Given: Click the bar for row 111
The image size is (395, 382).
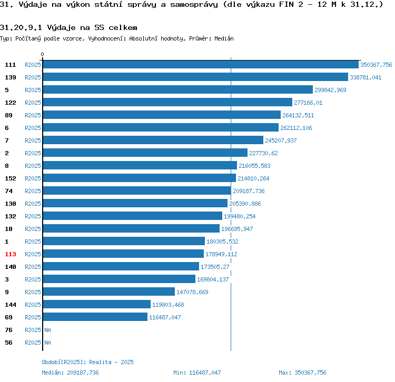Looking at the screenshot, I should pyautogui.click(x=201, y=65).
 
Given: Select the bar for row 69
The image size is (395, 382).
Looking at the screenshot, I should pyautogui.click(x=95, y=317).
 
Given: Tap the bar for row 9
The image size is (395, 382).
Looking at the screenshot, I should pyautogui.click(x=109, y=292).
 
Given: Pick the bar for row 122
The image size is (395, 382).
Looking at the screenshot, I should pyautogui.click(x=167, y=103).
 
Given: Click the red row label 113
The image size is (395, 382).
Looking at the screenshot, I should pyautogui.click(x=11, y=254).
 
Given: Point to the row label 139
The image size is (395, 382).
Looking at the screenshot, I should pyautogui.click(x=11, y=77).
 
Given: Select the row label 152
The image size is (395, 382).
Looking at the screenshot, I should pyautogui.click(x=11, y=178).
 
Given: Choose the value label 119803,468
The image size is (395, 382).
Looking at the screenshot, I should pyautogui.click(x=168, y=305).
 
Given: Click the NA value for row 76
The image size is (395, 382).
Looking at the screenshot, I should pyautogui.click(x=47, y=330).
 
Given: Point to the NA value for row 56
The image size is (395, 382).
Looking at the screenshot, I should pyautogui.click(x=47, y=343).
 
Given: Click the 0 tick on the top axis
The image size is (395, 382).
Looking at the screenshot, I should pyautogui.click(x=43, y=54).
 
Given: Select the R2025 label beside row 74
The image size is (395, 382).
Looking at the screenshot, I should pyautogui.click(x=33, y=191).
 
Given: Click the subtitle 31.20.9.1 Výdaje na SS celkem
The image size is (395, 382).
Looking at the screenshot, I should pyautogui.click(x=69, y=27).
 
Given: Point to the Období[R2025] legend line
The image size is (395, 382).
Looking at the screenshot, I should pyautogui.click(x=87, y=362).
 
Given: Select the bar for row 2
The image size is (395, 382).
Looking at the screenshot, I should pyautogui.click(x=145, y=153).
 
